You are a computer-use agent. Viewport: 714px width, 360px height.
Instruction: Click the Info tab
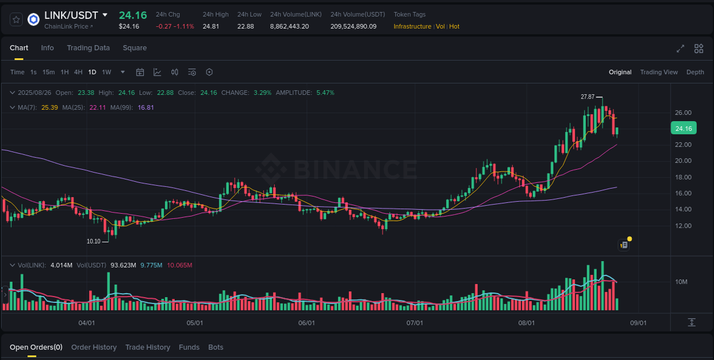[47, 48]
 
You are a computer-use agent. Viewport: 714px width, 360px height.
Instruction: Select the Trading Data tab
[88, 48]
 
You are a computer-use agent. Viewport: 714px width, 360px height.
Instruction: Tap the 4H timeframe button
[78, 72]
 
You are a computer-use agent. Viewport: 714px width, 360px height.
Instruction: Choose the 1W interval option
[106, 72]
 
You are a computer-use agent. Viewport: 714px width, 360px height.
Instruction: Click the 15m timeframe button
[49, 72]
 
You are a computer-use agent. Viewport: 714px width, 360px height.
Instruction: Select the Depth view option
[695, 72]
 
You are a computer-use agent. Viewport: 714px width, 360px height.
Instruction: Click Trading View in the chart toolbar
[659, 72]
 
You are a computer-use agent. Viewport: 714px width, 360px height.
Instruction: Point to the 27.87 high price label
[588, 97]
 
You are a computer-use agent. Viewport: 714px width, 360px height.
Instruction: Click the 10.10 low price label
[94, 241]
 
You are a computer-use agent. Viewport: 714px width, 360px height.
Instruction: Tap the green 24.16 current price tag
[683, 129]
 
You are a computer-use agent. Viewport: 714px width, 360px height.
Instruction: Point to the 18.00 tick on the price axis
[683, 177]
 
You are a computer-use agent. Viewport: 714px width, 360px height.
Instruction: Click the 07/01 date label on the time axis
[415, 323]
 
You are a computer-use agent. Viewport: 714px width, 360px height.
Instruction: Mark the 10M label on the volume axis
[681, 282]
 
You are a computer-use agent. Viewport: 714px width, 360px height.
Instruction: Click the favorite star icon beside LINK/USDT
[17, 19]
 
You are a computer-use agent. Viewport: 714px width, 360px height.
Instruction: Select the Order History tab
[94, 347]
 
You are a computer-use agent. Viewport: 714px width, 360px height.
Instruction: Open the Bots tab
[216, 347]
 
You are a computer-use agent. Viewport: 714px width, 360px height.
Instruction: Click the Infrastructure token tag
[412, 26]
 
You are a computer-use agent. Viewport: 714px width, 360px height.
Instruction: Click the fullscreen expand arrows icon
[680, 49]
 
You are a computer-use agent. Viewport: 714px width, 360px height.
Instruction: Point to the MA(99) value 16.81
[146, 107]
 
